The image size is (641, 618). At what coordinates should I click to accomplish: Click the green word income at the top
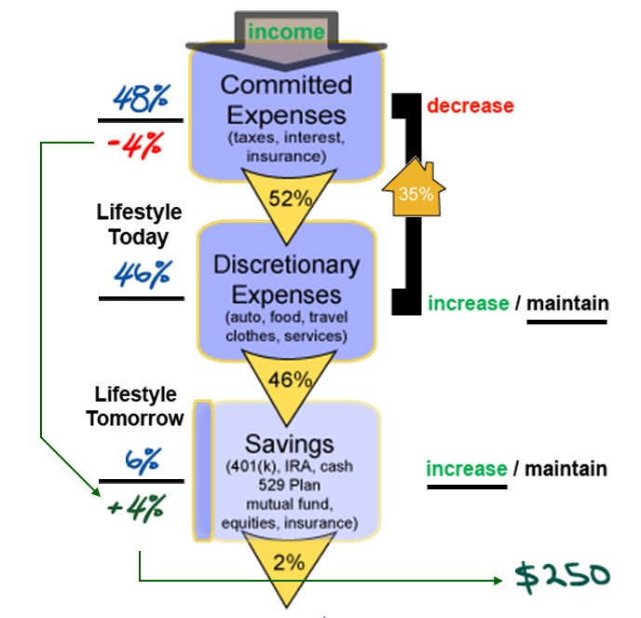point(287,33)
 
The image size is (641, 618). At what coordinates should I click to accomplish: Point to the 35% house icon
point(415,190)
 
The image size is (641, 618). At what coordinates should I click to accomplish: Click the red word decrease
point(471,105)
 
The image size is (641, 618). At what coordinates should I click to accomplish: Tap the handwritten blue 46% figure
point(142,273)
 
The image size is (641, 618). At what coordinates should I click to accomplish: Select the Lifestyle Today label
point(139,225)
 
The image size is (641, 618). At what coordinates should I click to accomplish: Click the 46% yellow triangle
point(289,379)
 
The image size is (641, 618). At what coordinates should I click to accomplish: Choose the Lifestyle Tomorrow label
point(135,407)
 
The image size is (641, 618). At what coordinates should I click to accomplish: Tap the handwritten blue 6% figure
point(142,459)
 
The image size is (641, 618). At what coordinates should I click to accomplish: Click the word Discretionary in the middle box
point(286,265)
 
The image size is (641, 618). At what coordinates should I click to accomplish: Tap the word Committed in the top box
point(287,85)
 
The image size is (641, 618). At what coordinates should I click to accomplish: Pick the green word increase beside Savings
point(467,468)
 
